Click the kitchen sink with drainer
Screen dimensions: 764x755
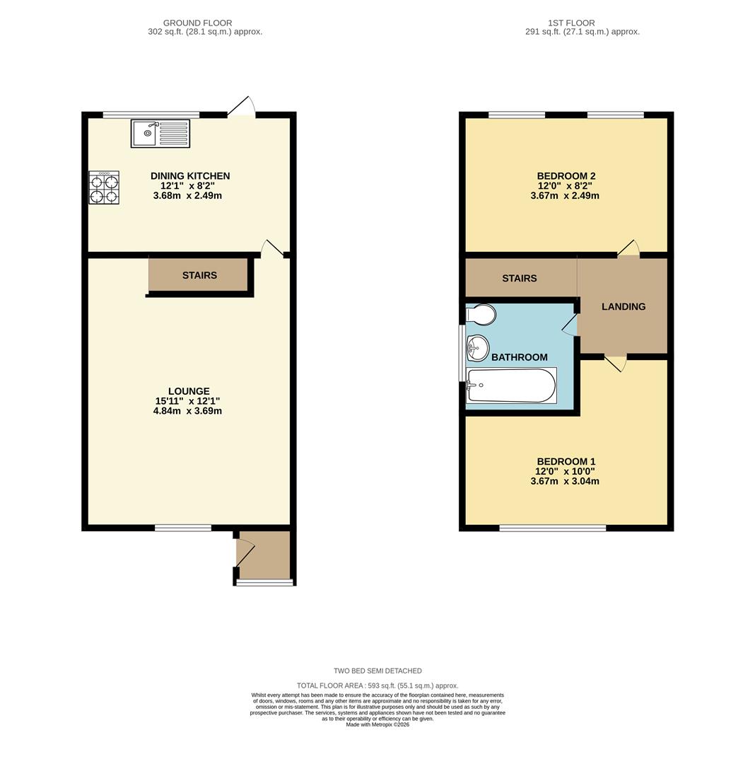pos(160,134)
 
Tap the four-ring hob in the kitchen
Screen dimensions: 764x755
pos(104,187)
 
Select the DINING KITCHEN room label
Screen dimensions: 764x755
pos(190,176)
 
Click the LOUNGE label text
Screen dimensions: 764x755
pos(189,391)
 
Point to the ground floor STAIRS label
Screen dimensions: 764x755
pos(199,275)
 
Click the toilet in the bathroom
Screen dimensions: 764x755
pos(482,314)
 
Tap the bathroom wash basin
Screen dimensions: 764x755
pos(478,347)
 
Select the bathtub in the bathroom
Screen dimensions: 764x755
pos(512,386)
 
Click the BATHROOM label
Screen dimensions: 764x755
pos(520,358)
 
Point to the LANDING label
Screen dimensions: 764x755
pos(624,307)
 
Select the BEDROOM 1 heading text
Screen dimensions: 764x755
pos(566,462)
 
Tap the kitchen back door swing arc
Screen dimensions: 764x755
pos(242,107)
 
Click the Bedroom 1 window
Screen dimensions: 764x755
pos(553,528)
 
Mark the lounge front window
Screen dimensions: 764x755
pos(183,528)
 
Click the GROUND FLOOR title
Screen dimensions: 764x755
pos(198,23)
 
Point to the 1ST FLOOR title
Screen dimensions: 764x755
pos(571,23)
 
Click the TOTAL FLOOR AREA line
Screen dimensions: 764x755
pos(377,685)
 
